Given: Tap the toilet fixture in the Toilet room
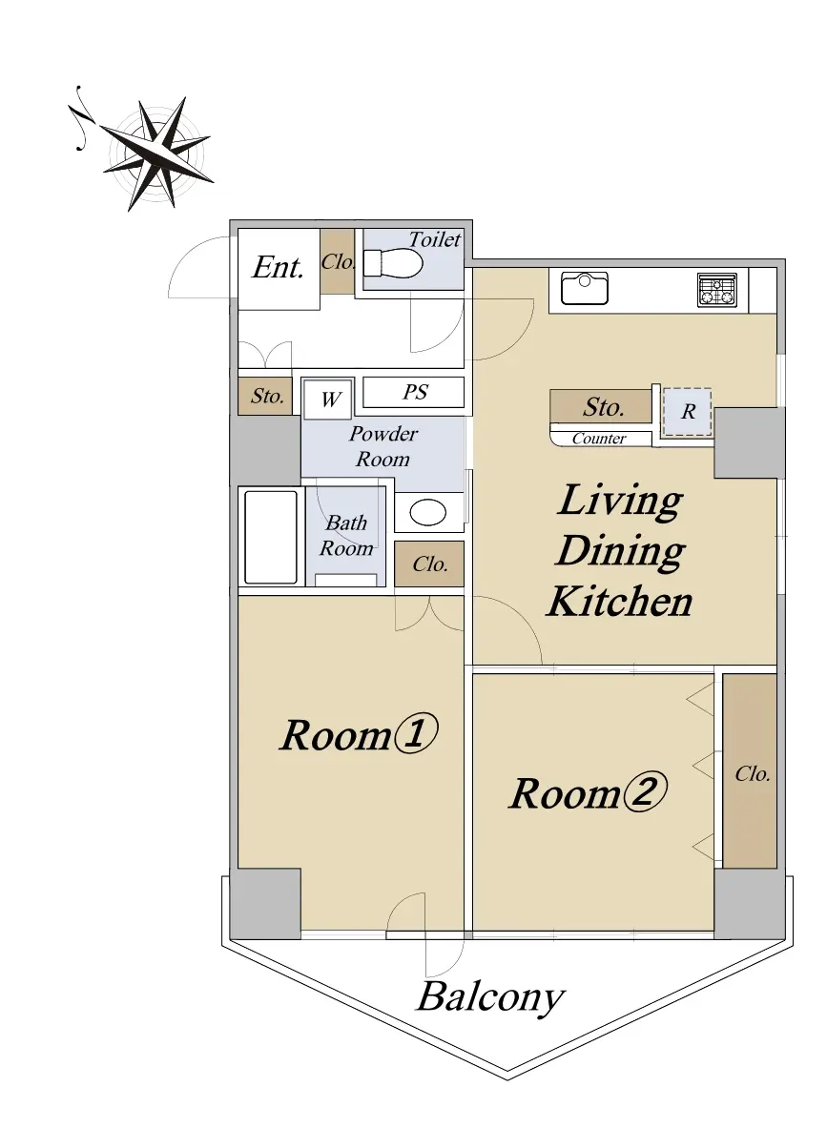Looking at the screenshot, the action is [x=392, y=263].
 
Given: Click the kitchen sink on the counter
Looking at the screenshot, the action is [x=585, y=289].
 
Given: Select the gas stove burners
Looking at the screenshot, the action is [x=717, y=289].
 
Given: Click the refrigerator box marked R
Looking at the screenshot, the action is [x=687, y=412].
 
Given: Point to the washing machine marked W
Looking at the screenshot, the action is [x=328, y=400].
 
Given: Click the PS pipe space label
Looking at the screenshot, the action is [x=415, y=391].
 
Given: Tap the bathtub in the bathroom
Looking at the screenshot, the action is [x=271, y=537].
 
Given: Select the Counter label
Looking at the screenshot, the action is [x=599, y=438].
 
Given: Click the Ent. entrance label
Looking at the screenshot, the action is [x=278, y=268].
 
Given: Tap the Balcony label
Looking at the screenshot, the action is [x=491, y=997].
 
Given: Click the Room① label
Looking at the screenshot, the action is [x=359, y=734].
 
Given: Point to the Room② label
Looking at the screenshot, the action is [x=588, y=792].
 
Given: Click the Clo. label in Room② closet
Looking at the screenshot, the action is [x=753, y=774].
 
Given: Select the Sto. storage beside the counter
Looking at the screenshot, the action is [x=601, y=406].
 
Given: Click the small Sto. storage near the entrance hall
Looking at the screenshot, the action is [x=265, y=396].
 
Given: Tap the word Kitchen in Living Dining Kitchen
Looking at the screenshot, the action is [x=619, y=602].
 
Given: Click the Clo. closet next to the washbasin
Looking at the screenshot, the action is [x=429, y=564].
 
